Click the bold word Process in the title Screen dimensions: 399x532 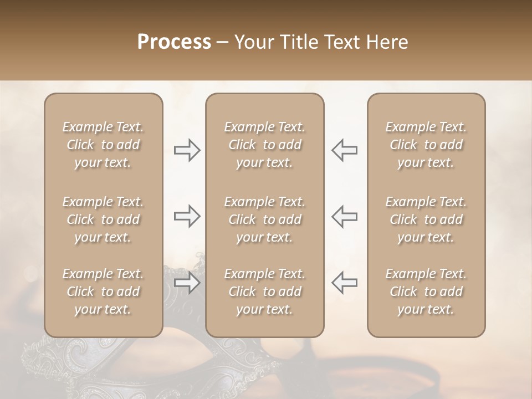(x=174, y=42)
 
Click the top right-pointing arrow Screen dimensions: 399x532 (x=187, y=150)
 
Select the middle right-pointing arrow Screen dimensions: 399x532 (x=187, y=216)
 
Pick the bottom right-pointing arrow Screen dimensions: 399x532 (x=187, y=283)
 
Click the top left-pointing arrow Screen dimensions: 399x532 (x=344, y=150)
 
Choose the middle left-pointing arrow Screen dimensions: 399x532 (x=344, y=216)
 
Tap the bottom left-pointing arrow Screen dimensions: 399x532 (x=344, y=283)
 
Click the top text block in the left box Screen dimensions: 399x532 (x=103, y=145)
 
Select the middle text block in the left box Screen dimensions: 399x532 (x=103, y=219)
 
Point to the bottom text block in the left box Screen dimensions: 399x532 (x=103, y=291)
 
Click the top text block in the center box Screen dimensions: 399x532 (x=265, y=145)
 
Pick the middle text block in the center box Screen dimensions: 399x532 (x=265, y=219)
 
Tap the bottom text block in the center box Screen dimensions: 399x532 (x=265, y=291)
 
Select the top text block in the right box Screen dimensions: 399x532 (x=426, y=145)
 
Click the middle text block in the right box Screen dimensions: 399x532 (x=426, y=219)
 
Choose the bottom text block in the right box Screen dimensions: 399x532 (x=426, y=291)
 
